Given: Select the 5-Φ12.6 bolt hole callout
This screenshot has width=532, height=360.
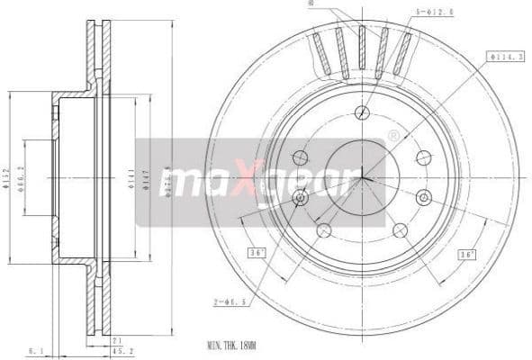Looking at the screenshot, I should coord(434,13).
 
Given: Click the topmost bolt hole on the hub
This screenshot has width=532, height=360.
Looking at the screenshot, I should coord(362,112).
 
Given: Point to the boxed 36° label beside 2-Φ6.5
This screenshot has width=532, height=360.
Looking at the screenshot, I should coord(256,254).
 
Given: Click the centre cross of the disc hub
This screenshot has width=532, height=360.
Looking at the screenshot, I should coord(362,176).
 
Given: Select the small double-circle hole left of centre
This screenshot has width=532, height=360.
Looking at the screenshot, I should coord(301,197).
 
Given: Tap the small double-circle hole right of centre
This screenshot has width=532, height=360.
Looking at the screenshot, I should coord(423,197).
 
